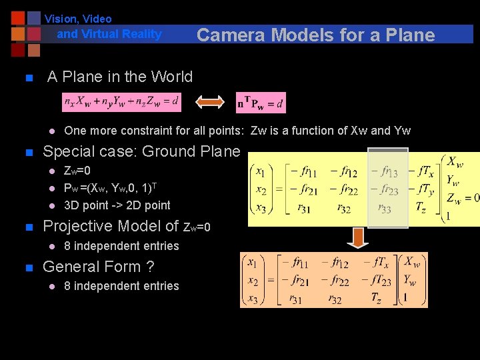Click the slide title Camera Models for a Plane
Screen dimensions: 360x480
tap(315, 35)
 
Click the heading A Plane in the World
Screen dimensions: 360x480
tap(120, 77)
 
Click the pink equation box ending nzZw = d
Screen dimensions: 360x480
tap(122, 102)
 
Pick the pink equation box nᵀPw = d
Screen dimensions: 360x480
tap(260, 103)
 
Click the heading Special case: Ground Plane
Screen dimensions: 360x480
tap(141, 151)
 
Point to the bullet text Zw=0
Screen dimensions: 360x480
tap(77, 171)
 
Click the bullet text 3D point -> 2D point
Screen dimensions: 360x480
tap(117, 205)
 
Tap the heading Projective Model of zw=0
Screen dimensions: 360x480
tap(127, 227)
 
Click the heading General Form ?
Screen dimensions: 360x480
tap(98, 267)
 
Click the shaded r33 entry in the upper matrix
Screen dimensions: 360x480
tap(385, 209)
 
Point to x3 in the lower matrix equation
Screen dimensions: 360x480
tap(253, 297)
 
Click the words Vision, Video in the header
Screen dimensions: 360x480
tap(78, 19)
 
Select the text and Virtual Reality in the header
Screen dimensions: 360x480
tap(109, 34)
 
